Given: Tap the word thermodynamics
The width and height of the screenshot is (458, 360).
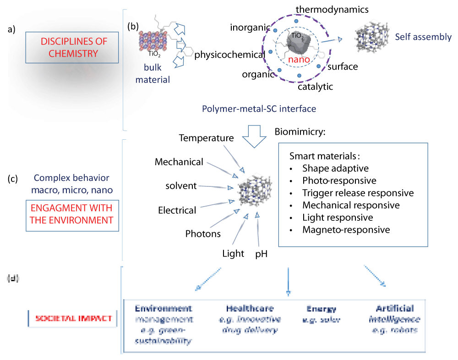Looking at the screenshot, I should tap(332, 9).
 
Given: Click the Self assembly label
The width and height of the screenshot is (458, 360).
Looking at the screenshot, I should tap(423, 37).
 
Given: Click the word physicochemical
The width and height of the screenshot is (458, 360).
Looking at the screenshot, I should tap(230, 55).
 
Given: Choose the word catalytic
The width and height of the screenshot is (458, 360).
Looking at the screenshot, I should tap(316, 86).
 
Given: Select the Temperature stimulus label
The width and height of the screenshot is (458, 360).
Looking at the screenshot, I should tap(207, 138).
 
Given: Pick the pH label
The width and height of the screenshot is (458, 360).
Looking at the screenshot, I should tap(261, 253).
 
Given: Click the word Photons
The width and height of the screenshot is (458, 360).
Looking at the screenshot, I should tap(203, 234).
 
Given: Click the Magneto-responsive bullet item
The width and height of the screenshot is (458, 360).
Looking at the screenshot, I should tap(346, 229).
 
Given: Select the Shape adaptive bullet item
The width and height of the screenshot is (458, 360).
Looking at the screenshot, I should tap(335, 168).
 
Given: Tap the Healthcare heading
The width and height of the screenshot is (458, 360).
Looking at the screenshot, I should tap(250, 308).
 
